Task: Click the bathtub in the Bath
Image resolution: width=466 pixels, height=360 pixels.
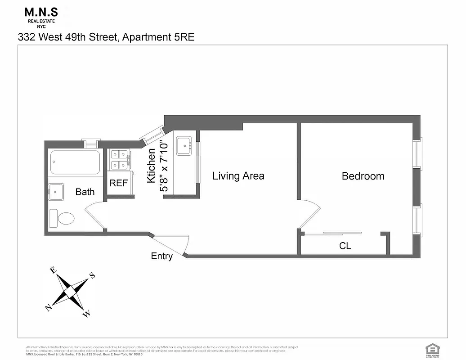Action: pos(75,162)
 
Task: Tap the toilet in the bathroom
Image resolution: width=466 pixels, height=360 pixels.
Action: pos(62,218)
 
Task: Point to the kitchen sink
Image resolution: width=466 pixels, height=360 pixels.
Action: pos(184,146)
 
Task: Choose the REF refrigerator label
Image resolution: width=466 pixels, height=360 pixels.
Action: pos(119,184)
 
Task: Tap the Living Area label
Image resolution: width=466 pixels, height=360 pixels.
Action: pos(238,176)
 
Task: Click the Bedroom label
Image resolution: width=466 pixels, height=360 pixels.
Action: pos(363,176)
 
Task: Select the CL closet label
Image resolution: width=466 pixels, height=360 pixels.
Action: pos(345,246)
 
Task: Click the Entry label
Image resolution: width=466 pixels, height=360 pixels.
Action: pos(161,256)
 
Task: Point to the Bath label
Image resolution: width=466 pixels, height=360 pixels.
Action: pos(85,192)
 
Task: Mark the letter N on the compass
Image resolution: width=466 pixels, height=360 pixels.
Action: pos(48,307)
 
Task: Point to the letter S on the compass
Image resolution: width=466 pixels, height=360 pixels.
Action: pos(92,276)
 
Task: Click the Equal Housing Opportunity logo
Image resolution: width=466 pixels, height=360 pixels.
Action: pos(432,349)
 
